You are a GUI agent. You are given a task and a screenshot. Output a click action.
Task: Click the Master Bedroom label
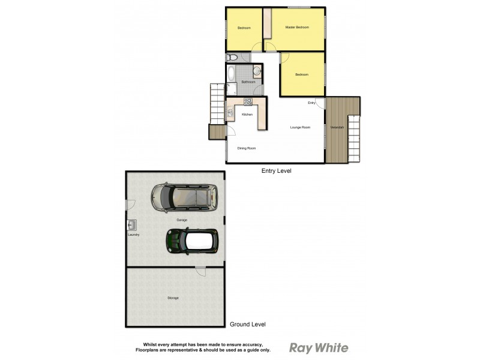click(x=297, y=28)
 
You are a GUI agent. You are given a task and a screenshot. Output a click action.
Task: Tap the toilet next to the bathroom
click(x=233, y=58)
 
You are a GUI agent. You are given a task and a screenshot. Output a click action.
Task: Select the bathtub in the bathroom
click(x=232, y=74)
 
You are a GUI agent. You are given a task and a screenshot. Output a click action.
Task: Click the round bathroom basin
click(x=256, y=71)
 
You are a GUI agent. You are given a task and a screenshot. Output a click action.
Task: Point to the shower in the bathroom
click(x=232, y=90)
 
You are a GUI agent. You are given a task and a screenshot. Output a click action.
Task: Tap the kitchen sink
click(x=230, y=112)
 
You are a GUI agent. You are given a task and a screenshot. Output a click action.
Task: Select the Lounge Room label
click(x=300, y=127)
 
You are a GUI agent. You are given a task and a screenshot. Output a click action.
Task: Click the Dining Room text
click(x=247, y=148)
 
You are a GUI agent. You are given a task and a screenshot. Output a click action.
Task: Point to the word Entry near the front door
click(x=311, y=103)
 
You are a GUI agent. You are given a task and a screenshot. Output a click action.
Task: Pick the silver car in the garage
click(x=184, y=197)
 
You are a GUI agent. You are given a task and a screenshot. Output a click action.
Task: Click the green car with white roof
click(x=192, y=241)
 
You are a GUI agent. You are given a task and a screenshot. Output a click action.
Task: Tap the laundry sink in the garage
click(x=132, y=226)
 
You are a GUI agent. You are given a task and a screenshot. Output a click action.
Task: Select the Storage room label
click(x=173, y=298)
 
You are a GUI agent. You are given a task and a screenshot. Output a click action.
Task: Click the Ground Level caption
click(x=248, y=325)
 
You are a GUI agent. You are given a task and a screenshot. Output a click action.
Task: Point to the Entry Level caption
click(x=277, y=171)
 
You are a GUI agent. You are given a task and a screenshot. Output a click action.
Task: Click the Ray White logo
click(x=319, y=348)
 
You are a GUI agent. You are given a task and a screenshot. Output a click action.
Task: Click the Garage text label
click(x=182, y=220)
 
